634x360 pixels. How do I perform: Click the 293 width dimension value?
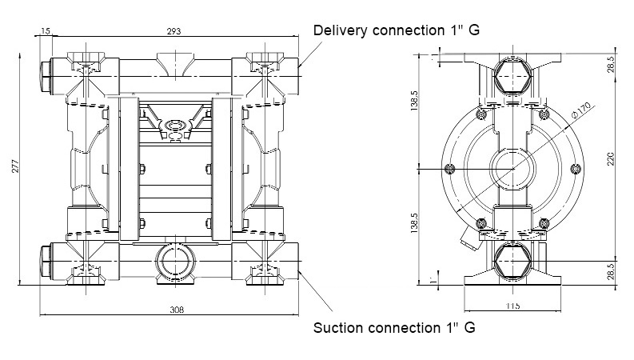pyautogui.click(x=173, y=31)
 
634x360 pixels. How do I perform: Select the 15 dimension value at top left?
pyautogui.click(x=46, y=30)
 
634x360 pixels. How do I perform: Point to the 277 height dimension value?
pyautogui.click(x=15, y=166)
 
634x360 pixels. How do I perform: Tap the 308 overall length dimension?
pyautogui.click(x=177, y=310)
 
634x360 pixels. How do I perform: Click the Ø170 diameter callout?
pyautogui.click(x=581, y=110)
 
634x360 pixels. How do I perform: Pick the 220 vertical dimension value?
pyautogui.click(x=611, y=158)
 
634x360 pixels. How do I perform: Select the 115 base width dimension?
pyautogui.click(x=512, y=306)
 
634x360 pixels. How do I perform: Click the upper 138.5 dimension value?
pyautogui.click(x=414, y=100)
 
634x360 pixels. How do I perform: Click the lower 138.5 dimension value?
pyautogui.click(x=414, y=223)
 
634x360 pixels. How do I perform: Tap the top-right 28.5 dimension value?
pyautogui.click(x=611, y=64)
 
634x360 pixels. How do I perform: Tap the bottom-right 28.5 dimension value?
pyautogui.click(x=611, y=271)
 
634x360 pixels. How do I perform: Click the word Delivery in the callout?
pyautogui.click(x=341, y=30)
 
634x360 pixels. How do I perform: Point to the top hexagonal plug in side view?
pyautogui.click(x=512, y=76)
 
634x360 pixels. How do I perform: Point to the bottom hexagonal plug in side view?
pyautogui.click(x=512, y=261)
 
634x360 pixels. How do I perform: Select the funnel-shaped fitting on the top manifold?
pyautogui.click(x=175, y=65)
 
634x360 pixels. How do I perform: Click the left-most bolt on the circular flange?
pyautogui.click(x=449, y=169)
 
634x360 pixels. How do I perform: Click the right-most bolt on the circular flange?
pyautogui.click(x=576, y=169)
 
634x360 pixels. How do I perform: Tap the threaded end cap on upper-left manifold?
pyautogui.click(x=46, y=77)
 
